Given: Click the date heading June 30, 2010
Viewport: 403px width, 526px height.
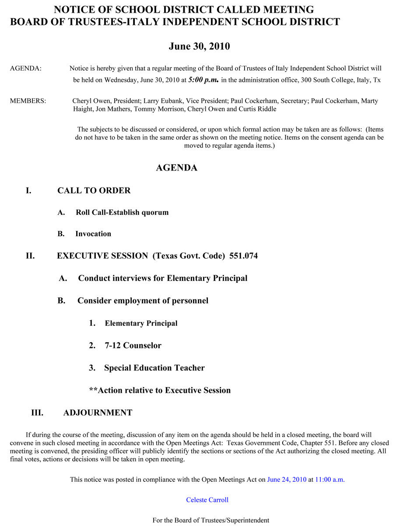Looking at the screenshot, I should (x=199, y=46).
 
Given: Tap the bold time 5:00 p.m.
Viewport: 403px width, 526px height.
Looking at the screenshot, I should (x=203, y=80).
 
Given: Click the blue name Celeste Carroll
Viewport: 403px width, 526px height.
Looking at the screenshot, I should (x=207, y=500).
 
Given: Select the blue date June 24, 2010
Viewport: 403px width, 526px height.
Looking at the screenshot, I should (x=287, y=480).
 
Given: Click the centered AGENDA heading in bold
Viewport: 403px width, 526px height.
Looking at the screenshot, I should (x=176, y=168).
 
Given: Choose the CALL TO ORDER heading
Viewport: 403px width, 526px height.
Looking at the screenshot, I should (x=94, y=191).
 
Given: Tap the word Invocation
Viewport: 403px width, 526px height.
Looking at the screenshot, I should (x=93, y=234).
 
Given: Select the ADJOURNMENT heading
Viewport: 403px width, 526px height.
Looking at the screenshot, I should (x=98, y=413).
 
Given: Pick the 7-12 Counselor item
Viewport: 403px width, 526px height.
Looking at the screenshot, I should (x=133, y=346).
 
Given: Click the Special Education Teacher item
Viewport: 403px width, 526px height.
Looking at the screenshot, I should (x=154, y=368).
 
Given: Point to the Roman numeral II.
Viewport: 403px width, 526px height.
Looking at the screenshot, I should (x=30, y=256).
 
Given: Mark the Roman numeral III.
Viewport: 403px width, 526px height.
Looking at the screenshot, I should (x=37, y=413).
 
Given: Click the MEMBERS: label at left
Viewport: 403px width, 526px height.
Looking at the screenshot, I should (x=28, y=101).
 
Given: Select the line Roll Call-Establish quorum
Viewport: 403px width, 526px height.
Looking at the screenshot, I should (x=122, y=213).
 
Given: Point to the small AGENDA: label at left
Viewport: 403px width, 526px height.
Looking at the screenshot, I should (x=25, y=68).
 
